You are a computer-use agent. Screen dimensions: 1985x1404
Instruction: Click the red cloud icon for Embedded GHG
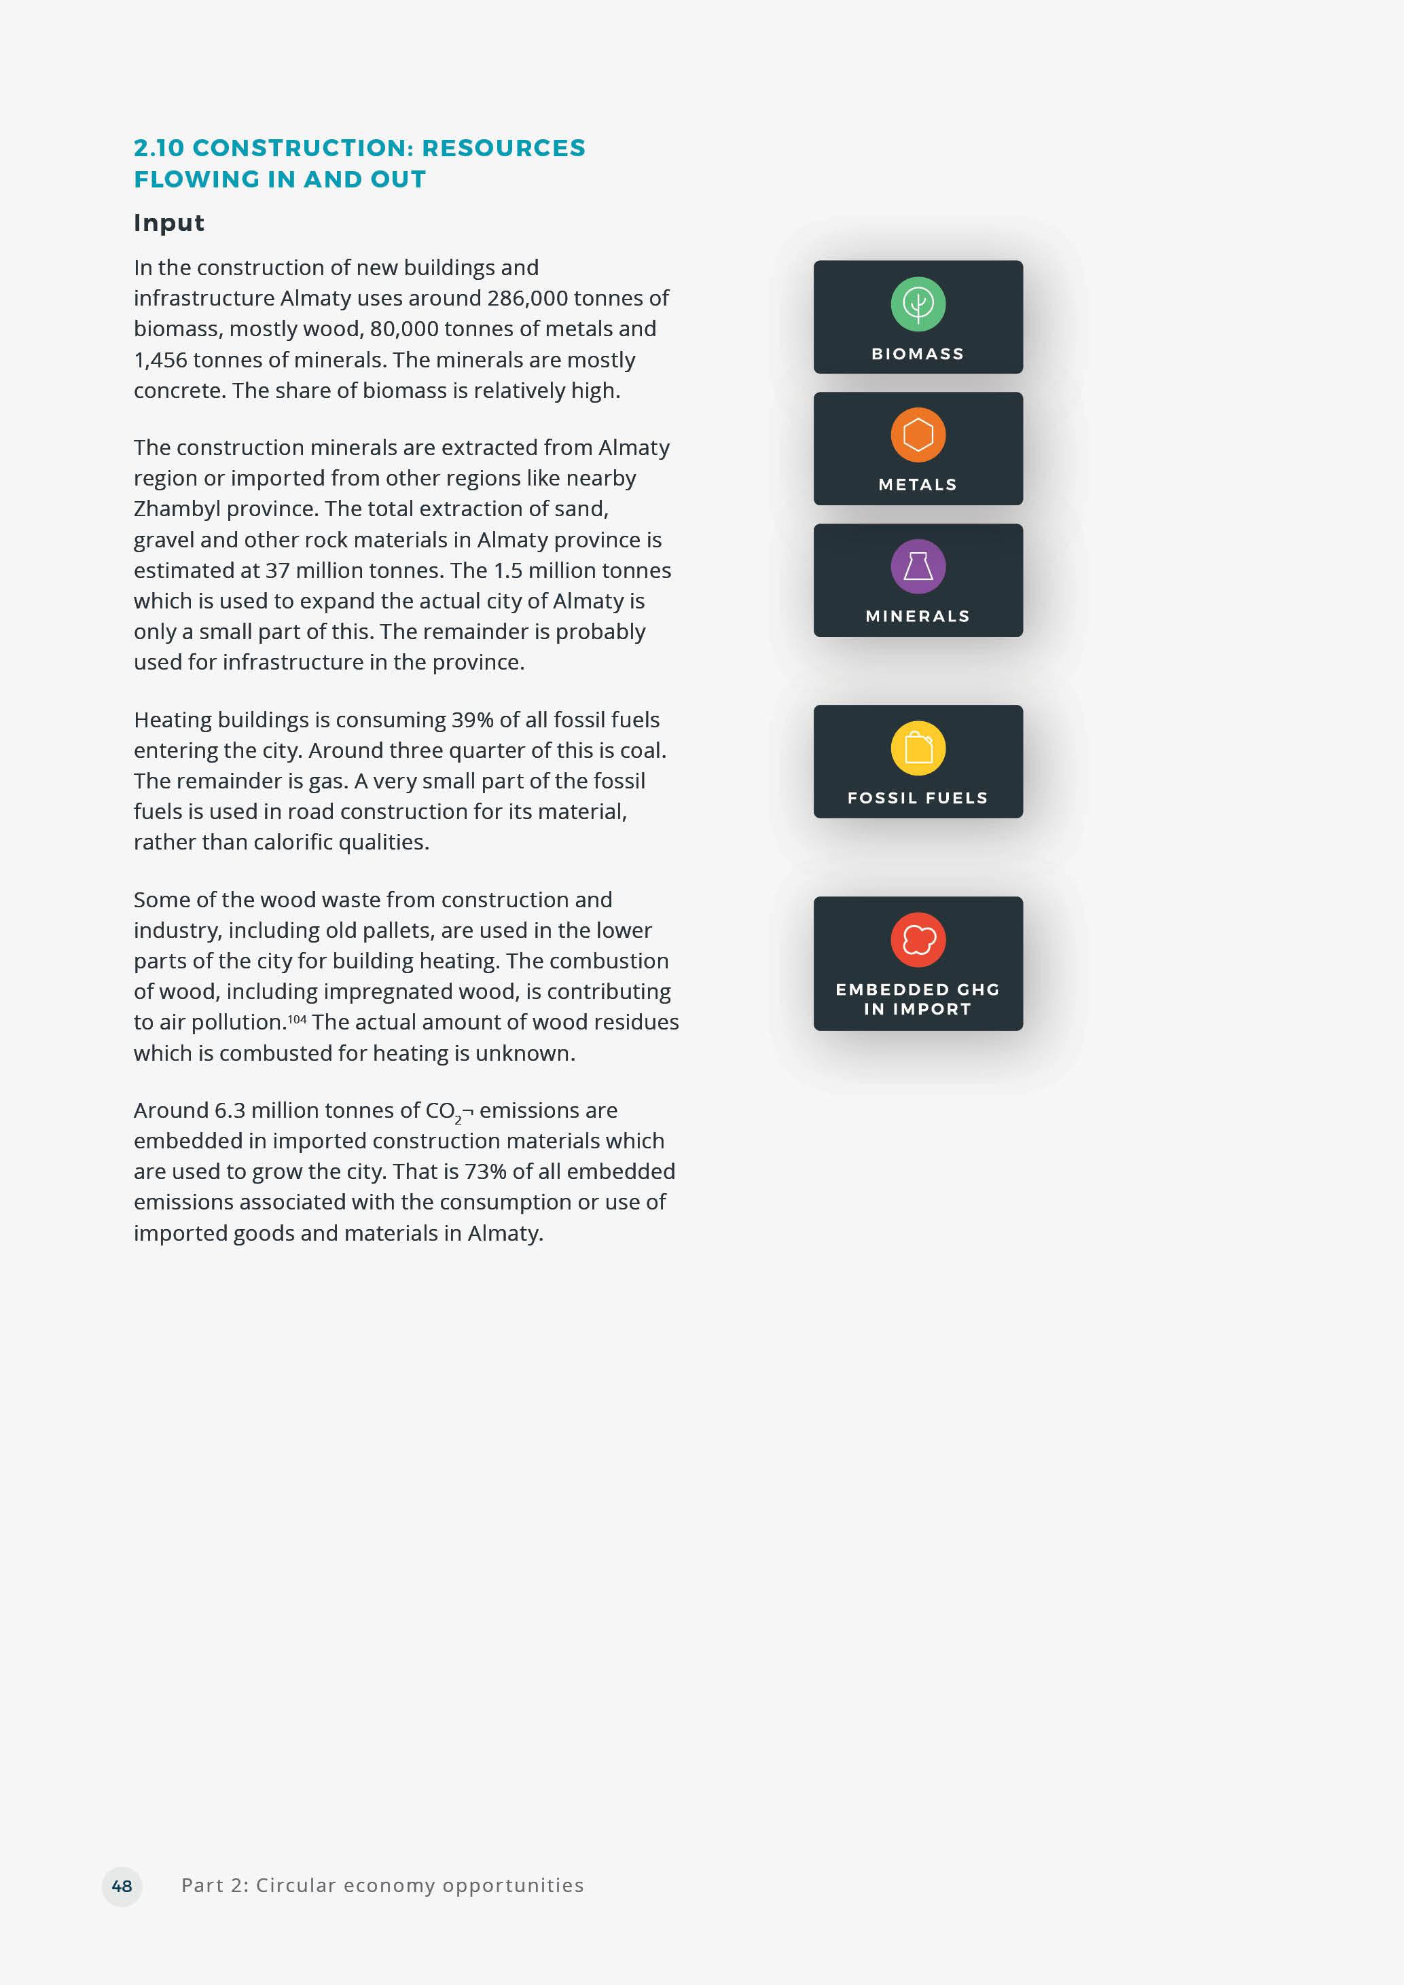pos(918,940)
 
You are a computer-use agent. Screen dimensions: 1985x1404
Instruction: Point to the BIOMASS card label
pos(917,354)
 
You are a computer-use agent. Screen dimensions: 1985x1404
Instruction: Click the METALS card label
pos(917,485)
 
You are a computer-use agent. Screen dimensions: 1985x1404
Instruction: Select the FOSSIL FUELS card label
pos(917,798)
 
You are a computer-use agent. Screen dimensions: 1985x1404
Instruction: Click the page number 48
pos(122,1886)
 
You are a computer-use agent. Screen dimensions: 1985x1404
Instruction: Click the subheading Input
pos(168,223)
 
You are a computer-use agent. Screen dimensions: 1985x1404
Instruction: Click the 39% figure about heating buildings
pos(471,720)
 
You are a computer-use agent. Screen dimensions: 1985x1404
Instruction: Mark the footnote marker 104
pos(297,1019)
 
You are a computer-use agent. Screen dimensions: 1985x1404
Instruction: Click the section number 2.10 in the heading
pos(159,148)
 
